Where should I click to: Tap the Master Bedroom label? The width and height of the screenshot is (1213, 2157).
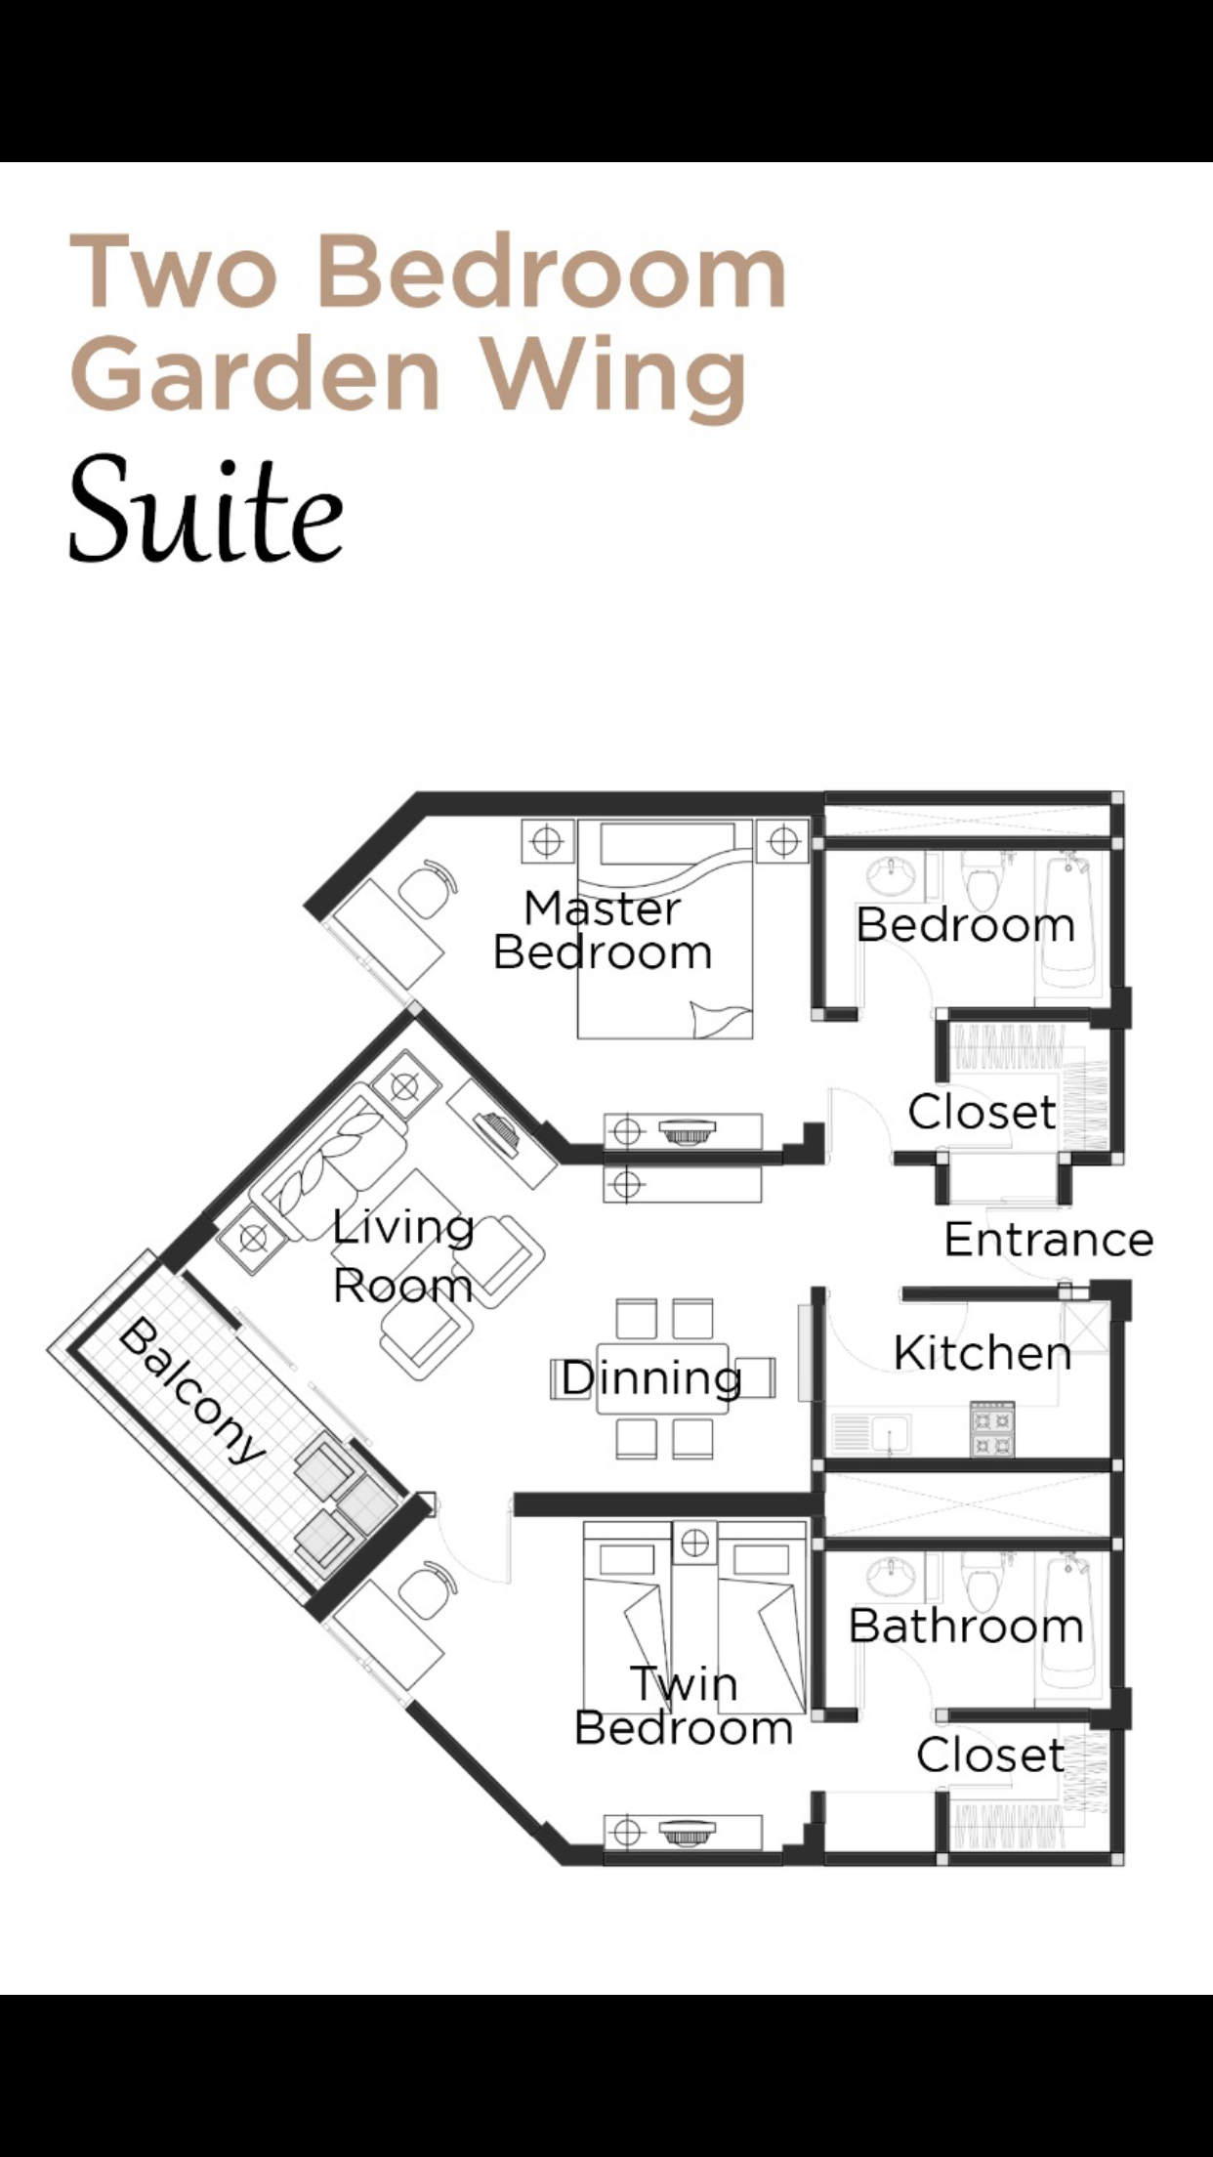(603, 931)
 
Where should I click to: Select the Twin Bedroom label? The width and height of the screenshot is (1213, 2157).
(683, 1706)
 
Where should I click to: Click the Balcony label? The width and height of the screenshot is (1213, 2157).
(191, 1391)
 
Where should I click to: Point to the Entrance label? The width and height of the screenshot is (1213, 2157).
(1048, 1240)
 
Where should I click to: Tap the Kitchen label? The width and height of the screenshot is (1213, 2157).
(982, 1354)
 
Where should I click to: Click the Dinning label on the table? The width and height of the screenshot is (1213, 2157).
(651, 1378)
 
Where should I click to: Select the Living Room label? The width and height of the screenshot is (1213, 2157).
(403, 1256)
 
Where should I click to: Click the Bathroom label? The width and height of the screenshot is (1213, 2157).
(966, 1627)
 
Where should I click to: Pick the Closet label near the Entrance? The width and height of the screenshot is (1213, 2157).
(982, 1112)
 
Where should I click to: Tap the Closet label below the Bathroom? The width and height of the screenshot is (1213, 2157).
(989, 1755)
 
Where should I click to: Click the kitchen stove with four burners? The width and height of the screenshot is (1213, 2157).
(991, 1429)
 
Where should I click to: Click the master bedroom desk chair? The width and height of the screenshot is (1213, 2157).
(428, 889)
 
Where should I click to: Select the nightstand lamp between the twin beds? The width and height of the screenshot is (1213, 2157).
(694, 1543)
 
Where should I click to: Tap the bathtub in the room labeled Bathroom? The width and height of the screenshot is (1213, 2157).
(1069, 1622)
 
